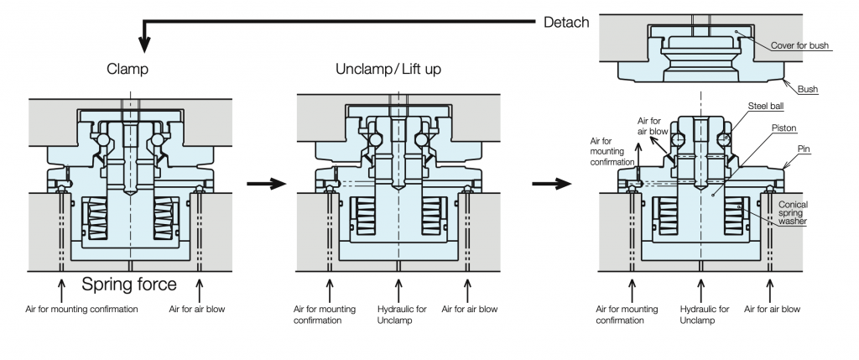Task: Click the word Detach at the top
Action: click(x=572, y=21)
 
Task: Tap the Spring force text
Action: click(x=129, y=284)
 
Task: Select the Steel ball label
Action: click(x=765, y=107)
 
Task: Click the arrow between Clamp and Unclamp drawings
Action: click(x=260, y=183)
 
